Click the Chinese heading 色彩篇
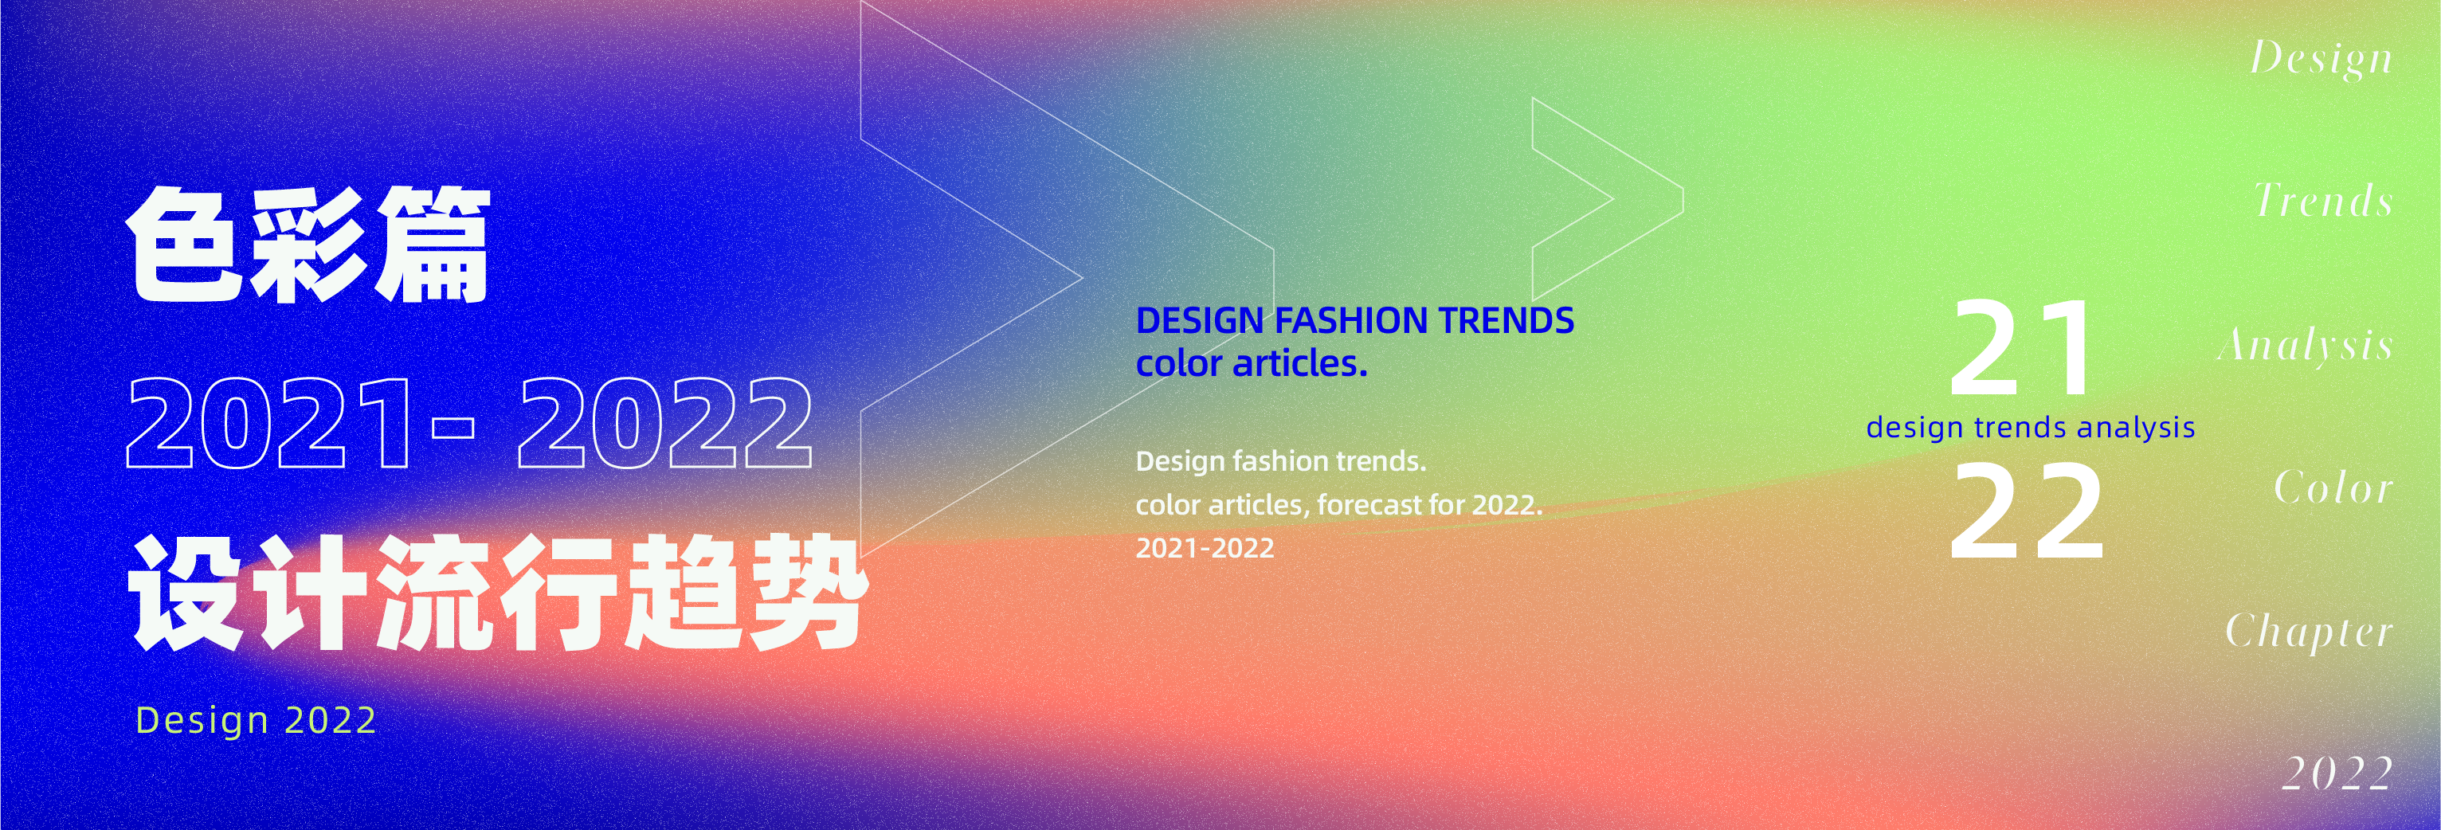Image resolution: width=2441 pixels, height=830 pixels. point(308,245)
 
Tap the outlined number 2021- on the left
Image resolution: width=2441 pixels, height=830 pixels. point(301,423)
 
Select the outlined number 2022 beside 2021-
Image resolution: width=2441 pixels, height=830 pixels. point(664,423)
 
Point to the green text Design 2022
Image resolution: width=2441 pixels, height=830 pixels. point(256,720)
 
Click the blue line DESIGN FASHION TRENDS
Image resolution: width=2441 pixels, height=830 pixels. point(1354,320)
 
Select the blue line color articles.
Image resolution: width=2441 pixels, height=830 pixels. point(1251,364)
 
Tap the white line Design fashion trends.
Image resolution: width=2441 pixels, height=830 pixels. point(1280,461)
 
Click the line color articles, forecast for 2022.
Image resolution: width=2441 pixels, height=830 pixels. point(1339,505)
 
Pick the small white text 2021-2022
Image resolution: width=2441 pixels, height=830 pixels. point(1205,549)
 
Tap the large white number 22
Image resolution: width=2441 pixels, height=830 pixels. point(2026,513)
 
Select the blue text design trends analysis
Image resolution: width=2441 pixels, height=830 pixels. point(2030,427)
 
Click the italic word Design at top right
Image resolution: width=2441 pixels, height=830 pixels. point(2321,59)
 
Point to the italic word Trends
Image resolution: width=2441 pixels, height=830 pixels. point(2324,201)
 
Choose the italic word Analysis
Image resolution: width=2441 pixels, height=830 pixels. point(2306,346)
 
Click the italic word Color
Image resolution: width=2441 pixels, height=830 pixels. point(2333,488)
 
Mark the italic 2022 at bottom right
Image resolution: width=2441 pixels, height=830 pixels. point(2337,774)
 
